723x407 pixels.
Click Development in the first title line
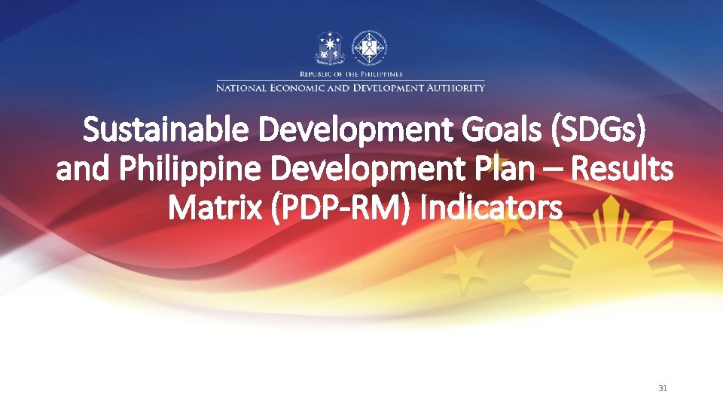pos(327,130)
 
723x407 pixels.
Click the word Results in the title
pos(623,170)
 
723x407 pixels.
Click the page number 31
pos(663,388)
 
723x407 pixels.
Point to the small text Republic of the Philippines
pos(351,74)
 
